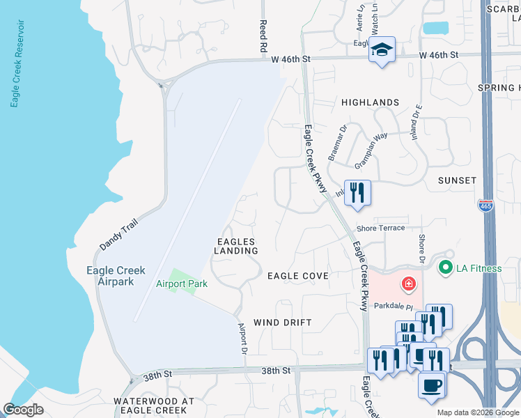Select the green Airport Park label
[181, 284]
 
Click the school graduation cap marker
[381, 50]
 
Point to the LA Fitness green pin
[444, 266]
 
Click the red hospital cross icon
[407, 284]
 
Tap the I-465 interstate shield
[485, 206]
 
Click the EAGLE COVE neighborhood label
[298, 276]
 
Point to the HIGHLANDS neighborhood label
[370, 102]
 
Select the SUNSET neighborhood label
[457, 180]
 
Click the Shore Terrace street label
[380, 228]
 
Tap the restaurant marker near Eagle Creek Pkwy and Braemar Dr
[357, 192]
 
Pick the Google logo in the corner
[24, 409]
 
